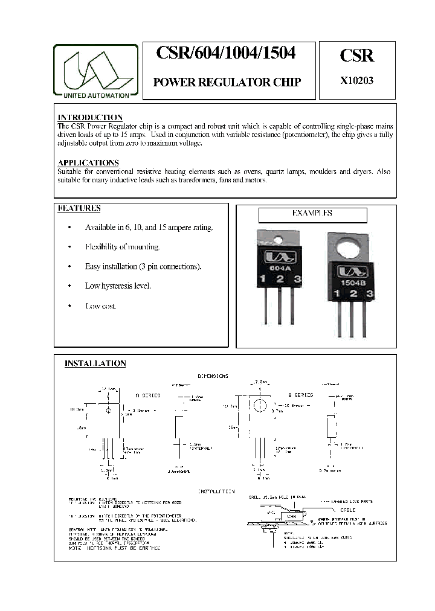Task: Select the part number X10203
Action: (x=357, y=82)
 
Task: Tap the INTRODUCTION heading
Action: (x=90, y=117)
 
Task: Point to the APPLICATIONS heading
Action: (x=88, y=163)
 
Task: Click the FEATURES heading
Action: (x=79, y=208)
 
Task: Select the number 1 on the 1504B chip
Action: (x=333, y=294)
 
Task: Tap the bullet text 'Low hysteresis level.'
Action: (x=118, y=286)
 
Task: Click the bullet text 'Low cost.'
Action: (x=101, y=306)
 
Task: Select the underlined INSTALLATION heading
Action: (x=95, y=363)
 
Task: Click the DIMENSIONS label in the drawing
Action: (x=213, y=376)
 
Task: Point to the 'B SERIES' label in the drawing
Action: (x=300, y=394)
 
